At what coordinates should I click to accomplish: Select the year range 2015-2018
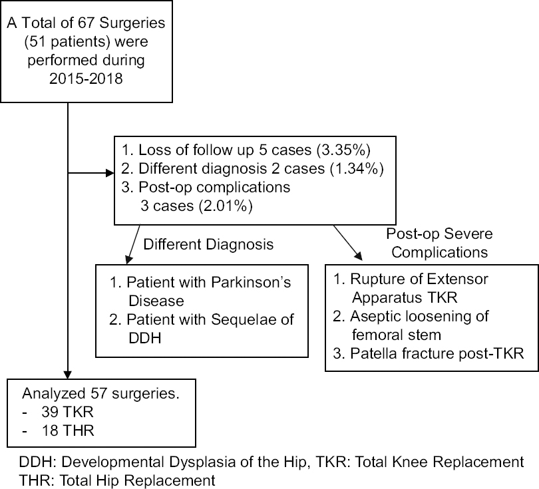click(86, 79)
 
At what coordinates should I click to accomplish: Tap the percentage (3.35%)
click(343, 150)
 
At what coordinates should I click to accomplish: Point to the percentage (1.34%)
click(357, 169)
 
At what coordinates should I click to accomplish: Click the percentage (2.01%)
click(226, 206)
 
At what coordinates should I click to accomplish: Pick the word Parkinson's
click(252, 283)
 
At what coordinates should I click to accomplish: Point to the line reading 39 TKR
click(67, 412)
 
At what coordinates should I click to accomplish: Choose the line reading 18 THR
click(67, 430)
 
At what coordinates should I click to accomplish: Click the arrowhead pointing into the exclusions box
click(110, 173)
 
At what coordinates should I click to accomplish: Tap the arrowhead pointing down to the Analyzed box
click(68, 375)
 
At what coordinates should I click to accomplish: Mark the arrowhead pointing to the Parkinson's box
click(129, 259)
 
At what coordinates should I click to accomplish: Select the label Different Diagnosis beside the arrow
click(208, 245)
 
